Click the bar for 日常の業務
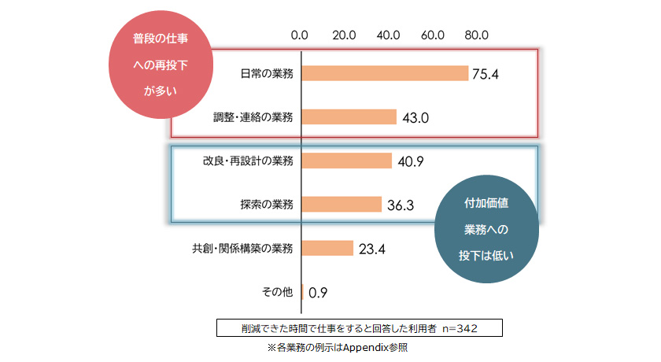pos(385,73)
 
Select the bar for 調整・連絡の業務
pos(349,117)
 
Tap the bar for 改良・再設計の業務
pos(346,161)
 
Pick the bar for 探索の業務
pos(342,205)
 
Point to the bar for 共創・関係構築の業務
pos(327,248)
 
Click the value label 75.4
pos(486,74)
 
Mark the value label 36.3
pos(400,205)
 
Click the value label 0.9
pos(318,293)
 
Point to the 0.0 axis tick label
pos(300,35)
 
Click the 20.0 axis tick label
pos(345,35)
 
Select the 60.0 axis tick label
pos(434,35)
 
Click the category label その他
pos(277,292)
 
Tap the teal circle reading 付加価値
pos(486,229)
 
